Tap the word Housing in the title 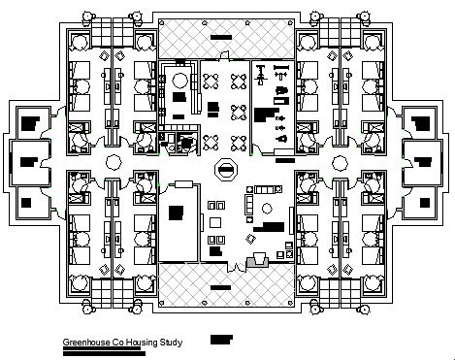pyautogui.click(x=144, y=343)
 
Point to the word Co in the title pyautogui.click(x=119, y=343)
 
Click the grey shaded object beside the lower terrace pyautogui.click(x=259, y=259)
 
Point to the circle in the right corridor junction pyautogui.click(x=340, y=160)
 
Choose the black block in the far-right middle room pyautogui.click(x=425, y=160)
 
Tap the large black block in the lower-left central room pyautogui.click(x=178, y=213)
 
